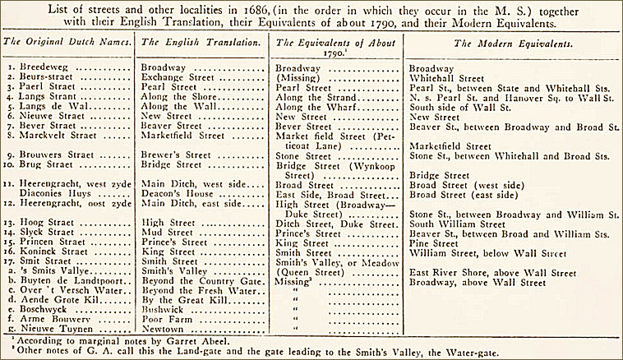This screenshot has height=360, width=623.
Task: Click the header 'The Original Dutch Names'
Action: pyautogui.click(x=67, y=40)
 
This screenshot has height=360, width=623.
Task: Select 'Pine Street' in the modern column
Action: pyautogui.click(x=436, y=243)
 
